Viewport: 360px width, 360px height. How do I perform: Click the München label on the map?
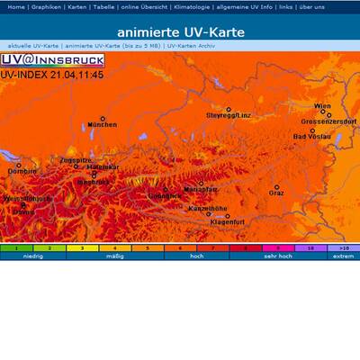[102, 125]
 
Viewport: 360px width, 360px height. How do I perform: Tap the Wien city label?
[322, 106]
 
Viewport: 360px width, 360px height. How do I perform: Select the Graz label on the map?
[277, 193]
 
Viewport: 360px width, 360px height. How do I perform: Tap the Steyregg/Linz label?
[229, 116]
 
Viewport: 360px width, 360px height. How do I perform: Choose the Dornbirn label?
[22, 170]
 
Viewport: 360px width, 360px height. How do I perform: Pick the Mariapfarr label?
[201, 189]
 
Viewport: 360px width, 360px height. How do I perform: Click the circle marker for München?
[103, 118]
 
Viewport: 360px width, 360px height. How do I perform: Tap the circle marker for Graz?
[277, 186]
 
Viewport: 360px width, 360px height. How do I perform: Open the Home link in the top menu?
[16, 6]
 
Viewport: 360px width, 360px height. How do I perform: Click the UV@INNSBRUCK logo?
[52, 59]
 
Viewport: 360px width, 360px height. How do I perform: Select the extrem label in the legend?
[343, 256]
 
